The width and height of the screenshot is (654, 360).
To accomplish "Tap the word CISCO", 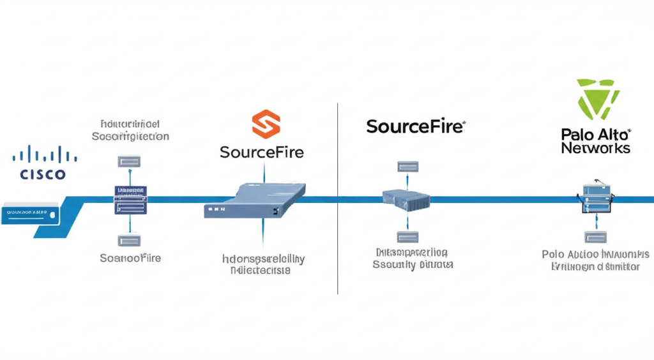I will coord(43,174).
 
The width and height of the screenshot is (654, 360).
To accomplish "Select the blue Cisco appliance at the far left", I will coord(31,213).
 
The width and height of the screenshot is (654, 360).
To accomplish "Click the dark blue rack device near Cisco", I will coord(130,200).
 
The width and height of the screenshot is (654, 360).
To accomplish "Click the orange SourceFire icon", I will coord(266,124).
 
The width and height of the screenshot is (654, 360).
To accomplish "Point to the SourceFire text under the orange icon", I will coord(261,153).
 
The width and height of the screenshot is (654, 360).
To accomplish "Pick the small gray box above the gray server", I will coord(406,167).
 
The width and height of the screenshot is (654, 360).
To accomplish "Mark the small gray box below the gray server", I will coord(406,237).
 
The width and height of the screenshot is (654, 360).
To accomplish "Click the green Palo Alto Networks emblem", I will coord(597,99).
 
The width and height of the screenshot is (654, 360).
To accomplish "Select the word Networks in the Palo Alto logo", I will coord(596,148).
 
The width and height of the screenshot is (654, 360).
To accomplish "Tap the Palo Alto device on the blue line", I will coord(597,198).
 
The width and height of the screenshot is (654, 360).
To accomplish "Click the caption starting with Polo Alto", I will coord(595,254).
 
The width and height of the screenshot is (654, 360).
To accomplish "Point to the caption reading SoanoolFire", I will coord(130,258).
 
